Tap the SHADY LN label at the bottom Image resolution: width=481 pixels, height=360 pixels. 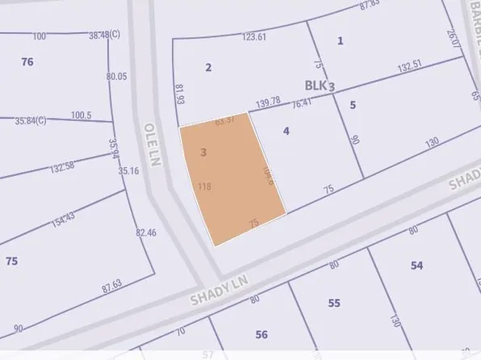point(217,289)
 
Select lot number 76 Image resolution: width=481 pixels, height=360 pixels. point(27,61)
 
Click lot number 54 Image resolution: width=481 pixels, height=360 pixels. point(416,266)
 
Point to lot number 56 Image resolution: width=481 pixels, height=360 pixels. point(261,334)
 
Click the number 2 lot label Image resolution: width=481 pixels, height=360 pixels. point(208,67)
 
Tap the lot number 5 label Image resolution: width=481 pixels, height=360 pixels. point(353,104)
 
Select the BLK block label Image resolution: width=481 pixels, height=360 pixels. point(317,86)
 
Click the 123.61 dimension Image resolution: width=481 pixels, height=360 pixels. point(254,37)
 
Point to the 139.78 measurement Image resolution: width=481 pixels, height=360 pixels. point(267,101)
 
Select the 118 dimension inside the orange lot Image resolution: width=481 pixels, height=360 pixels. point(204,186)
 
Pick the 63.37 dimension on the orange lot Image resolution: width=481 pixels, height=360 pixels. point(224,121)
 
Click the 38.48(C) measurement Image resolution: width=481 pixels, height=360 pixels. point(104,36)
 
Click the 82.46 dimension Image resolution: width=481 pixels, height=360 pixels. point(146,233)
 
